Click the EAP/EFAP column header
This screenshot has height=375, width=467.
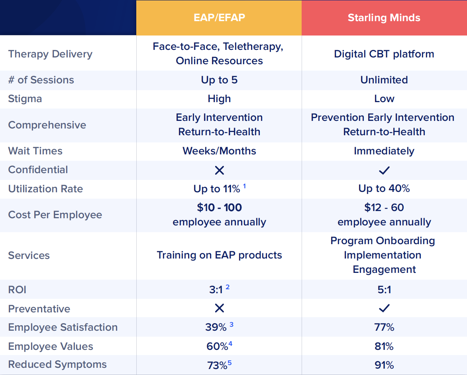(219, 18)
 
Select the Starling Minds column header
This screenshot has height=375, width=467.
(384, 18)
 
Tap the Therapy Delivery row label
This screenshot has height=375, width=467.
(50, 54)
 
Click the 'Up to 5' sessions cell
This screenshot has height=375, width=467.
(219, 80)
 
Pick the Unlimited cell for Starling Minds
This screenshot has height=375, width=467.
(384, 80)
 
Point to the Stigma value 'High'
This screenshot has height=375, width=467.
(219, 99)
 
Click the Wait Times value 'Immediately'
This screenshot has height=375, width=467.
(384, 151)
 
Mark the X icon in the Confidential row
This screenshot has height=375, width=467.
(219, 170)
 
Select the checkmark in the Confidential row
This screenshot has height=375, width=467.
(384, 170)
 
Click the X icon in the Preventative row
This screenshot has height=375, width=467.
(219, 308)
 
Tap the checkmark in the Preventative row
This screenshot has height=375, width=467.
(384, 308)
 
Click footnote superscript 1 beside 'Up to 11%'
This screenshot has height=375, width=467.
(244, 186)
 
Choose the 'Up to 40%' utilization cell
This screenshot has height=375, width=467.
(384, 189)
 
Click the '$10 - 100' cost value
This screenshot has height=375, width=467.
(219, 207)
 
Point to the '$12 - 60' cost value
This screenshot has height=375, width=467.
(384, 207)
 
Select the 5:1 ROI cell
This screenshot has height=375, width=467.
(384, 290)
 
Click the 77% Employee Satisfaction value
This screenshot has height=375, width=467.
(384, 328)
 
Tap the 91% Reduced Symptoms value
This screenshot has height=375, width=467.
(384, 365)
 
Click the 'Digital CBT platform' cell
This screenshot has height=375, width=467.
(384, 54)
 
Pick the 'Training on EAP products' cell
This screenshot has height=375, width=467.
(219, 255)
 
